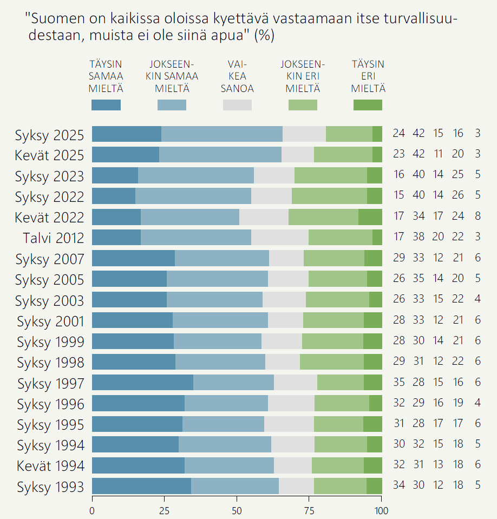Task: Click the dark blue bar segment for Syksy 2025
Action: point(127,134)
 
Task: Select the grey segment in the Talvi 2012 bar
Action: point(280,238)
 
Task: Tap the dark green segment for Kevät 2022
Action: point(370,217)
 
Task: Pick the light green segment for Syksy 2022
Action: point(329,196)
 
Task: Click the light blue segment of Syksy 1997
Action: point(233,383)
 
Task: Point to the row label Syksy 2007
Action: point(50,259)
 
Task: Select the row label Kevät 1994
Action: point(50,466)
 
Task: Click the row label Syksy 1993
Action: point(50,487)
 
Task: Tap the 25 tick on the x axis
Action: point(165,510)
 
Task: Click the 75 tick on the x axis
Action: point(310,510)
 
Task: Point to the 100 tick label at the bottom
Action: point(382,510)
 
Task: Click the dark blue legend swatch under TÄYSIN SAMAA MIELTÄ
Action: point(106,105)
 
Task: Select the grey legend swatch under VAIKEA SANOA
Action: point(237,105)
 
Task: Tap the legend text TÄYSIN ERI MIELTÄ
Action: point(368,76)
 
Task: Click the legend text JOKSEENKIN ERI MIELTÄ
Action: point(303,76)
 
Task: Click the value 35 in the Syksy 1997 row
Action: point(399,383)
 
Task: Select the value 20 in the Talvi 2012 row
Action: point(438,238)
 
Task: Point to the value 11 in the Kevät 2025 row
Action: point(438,154)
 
